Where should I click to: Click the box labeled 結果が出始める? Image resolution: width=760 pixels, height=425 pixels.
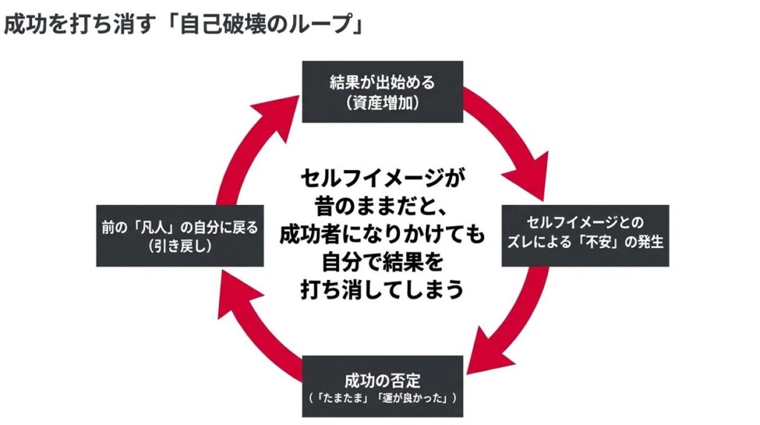(x=382, y=91)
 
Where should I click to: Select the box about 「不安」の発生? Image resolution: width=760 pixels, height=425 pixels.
(x=586, y=235)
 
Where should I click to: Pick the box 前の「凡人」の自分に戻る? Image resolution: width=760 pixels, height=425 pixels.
(x=180, y=236)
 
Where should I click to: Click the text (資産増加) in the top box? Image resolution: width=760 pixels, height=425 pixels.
(x=382, y=103)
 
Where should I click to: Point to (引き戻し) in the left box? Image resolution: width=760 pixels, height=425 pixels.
(x=180, y=247)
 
